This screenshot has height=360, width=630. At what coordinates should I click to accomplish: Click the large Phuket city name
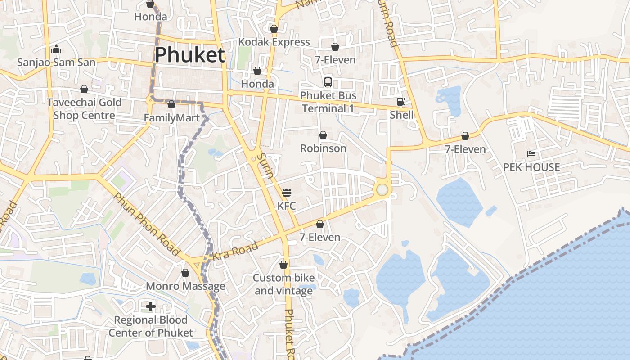[x=189, y=55]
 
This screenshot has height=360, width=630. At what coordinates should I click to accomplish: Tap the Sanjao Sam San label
[x=56, y=62]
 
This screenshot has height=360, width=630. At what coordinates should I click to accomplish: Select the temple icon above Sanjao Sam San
[x=56, y=49]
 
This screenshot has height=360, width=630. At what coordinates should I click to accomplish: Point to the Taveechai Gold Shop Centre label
[x=84, y=109]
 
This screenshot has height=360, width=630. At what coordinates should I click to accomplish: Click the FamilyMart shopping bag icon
[x=171, y=105]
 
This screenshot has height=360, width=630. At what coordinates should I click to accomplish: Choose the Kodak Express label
[x=274, y=42]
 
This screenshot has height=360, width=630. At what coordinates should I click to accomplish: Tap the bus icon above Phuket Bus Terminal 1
[x=328, y=82]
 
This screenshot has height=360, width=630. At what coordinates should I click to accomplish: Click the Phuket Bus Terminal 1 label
[x=328, y=102]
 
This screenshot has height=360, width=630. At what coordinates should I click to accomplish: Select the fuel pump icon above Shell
[x=401, y=102]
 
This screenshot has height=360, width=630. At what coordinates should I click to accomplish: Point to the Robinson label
[x=323, y=148]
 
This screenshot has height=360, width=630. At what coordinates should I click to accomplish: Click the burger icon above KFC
[x=287, y=193]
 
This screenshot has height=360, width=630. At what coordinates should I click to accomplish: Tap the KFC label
[x=287, y=206]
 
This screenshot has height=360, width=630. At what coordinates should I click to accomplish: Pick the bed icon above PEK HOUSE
[x=531, y=154]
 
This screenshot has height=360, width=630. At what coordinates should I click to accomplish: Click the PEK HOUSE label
[x=531, y=167]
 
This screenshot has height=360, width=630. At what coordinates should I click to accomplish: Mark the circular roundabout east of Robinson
[x=382, y=189]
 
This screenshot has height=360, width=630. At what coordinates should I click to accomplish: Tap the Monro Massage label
[x=185, y=286]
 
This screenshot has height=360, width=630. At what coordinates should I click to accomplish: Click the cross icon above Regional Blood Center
[x=151, y=306]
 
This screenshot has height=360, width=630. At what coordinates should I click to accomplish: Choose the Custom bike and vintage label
[x=283, y=284]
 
